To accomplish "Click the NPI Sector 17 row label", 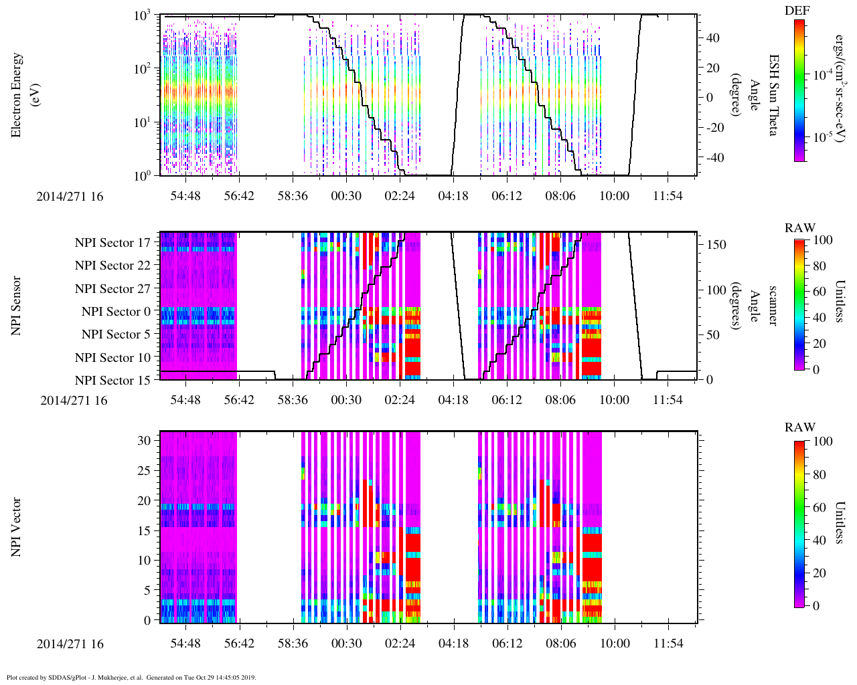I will click(112, 243).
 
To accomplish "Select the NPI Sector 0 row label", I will click(116, 312).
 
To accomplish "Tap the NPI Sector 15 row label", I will click(112, 381).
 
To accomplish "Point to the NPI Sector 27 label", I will click(112, 289).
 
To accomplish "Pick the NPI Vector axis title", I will click(16, 527).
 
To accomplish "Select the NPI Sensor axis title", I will click(16, 306).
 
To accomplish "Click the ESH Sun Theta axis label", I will click(773, 95).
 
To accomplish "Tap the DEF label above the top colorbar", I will click(797, 11).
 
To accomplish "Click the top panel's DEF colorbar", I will click(799, 90).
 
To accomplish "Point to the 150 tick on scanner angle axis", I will click(717, 245).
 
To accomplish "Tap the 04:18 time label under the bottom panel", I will click(453, 644).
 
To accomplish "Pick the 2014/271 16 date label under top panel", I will click(70, 197).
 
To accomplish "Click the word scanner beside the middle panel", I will click(773, 306).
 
